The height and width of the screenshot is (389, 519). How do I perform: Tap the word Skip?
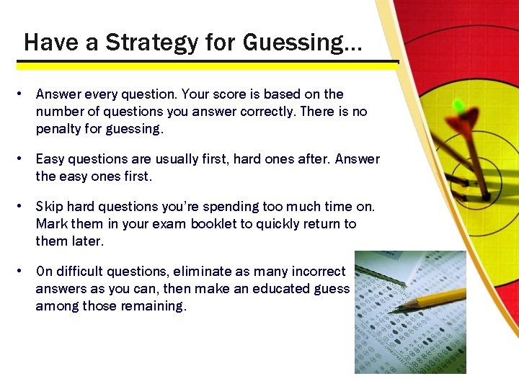(49, 207)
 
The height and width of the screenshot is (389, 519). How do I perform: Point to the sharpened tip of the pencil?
(396, 308)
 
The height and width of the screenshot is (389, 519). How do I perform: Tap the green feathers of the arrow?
(457, 107)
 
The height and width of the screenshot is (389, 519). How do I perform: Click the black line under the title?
(209, 63)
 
